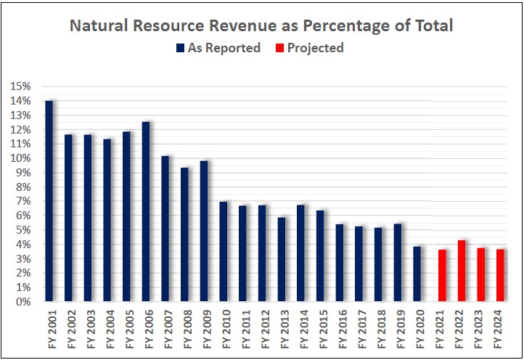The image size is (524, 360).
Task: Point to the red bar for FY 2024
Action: point(500,275)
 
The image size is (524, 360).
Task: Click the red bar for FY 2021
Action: point(442,275)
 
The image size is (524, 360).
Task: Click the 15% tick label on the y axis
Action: point(20,87)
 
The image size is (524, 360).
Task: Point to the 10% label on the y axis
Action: point(20,159)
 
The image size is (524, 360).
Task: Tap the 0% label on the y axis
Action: point(23,302)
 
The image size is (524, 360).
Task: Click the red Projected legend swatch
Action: point(280,49)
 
